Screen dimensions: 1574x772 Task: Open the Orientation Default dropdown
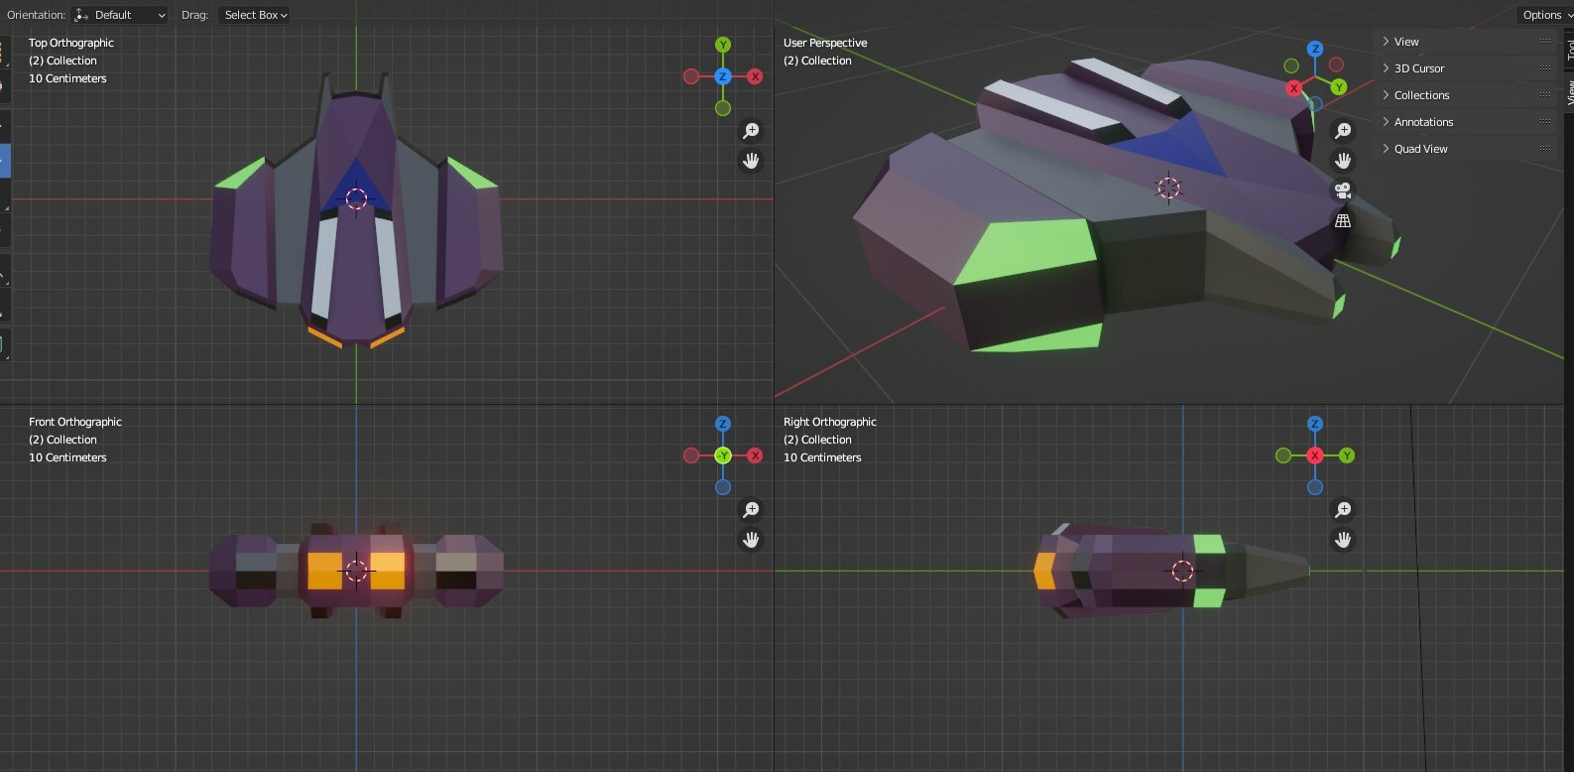point(119,15)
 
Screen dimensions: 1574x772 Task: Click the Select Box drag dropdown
point(254,15)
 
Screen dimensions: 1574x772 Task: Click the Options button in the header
point(1544,15)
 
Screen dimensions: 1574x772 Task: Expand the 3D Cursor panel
point(1418,68)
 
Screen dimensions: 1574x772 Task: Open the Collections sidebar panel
point(1421,95)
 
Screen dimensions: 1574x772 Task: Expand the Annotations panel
point(1423,122)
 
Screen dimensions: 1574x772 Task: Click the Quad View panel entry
point(1420,149)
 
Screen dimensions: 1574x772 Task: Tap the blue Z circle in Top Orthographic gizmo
point(722,76)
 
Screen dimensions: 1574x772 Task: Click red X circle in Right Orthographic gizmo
point(1315,455)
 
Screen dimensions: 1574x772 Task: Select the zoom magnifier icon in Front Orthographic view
point(751,510)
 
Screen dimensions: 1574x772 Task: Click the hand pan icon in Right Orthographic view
point(1343,539)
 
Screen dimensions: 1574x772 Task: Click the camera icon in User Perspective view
point(1343,191)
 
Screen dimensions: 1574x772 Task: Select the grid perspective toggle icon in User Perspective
point(1343,220)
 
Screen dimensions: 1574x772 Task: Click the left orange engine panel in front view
point(324,571)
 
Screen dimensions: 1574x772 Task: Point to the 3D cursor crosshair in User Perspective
point(1168,188)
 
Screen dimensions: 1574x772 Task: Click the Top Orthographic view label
point(71,43)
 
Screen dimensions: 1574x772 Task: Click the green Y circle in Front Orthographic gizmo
point(722,455)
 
